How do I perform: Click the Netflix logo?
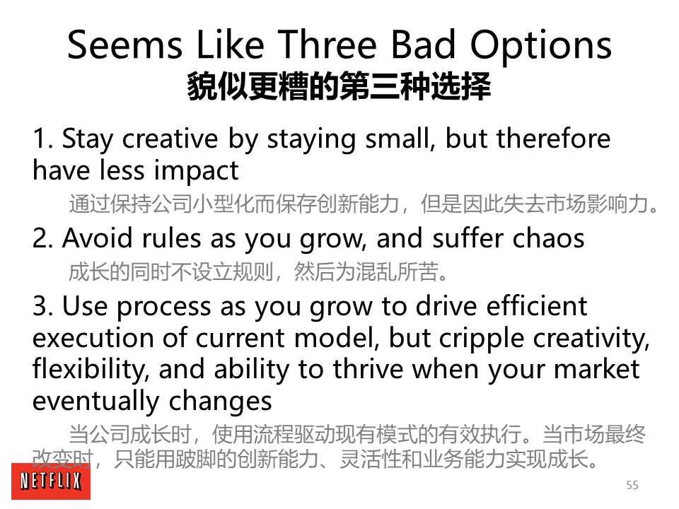pyautogui.click(x=51, y=481)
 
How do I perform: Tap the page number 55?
pyautogui.click(x=632, y=485)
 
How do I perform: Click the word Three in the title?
pyautogui.click(x=327, y=45)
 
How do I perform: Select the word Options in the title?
pyautogui.click(x=541, y=45)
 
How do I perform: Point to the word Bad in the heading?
pyautogui.click(x=424, y=45)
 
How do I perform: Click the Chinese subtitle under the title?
pyautogui.click(x=339, y=87)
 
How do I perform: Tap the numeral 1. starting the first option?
pyautogui.click(x=43, y=139)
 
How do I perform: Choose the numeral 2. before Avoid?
pyautogui.click(x=43, y=239)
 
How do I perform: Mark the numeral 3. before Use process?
pyautogui.click(x=43, y=306)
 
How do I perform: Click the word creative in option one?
pyautogui.click(x=170, y=139)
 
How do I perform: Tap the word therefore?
pyautogui.click(x=553, y=139)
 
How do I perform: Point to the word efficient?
pyautogui.click(x=537, y=305)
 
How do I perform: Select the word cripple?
pyautogui.click(x=482, y=339)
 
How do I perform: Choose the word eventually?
pyautogui.click(x=95, y=402)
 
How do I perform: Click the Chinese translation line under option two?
pyautogui.click(x=259, y=271)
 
